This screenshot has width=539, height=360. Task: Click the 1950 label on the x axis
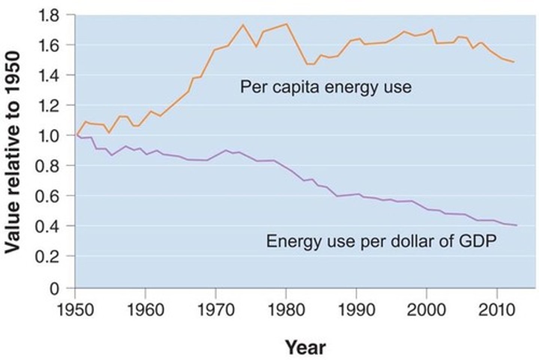pyautogui.click(x=75, y=310)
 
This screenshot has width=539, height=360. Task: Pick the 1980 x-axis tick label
pyautogui.click(x=286, y=310)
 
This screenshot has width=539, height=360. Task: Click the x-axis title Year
pyautogui.click(x=305, y=347)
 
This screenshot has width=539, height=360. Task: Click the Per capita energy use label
pyautogui.click(x=326, y=87)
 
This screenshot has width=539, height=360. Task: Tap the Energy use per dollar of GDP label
pyautogui.click(x=381, y=241)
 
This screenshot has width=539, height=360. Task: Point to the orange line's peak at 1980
pyautogui.click(x=286, y=24)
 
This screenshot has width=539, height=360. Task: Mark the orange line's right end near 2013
pyautogui.click(x=514, y=62)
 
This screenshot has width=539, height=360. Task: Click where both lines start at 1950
pyautogui.click(x=76, y=135)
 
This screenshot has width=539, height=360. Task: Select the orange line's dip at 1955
pyautogui.click(x=109, y=133)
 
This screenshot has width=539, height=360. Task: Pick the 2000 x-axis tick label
pyautogui.click(x=426, y=310)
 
